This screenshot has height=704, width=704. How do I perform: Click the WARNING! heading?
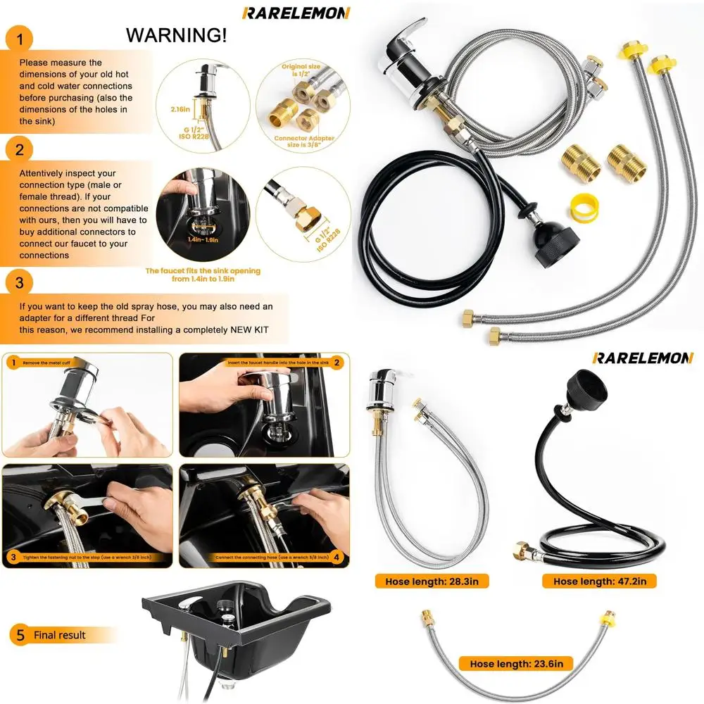[177, 34]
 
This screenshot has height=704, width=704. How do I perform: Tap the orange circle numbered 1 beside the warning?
[20, 40]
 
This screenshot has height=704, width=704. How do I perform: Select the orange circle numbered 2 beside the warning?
[20, 149]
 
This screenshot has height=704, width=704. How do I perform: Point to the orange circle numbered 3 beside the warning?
[20, 283]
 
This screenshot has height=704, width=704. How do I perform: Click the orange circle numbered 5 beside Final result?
[20, 635]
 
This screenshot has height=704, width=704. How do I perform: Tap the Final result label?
[60, 635]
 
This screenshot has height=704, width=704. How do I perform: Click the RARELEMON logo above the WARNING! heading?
[296, 13]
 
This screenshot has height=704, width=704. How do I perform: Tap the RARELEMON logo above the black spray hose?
[643, 358]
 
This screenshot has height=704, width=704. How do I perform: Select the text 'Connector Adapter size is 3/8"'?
[304, 142]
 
